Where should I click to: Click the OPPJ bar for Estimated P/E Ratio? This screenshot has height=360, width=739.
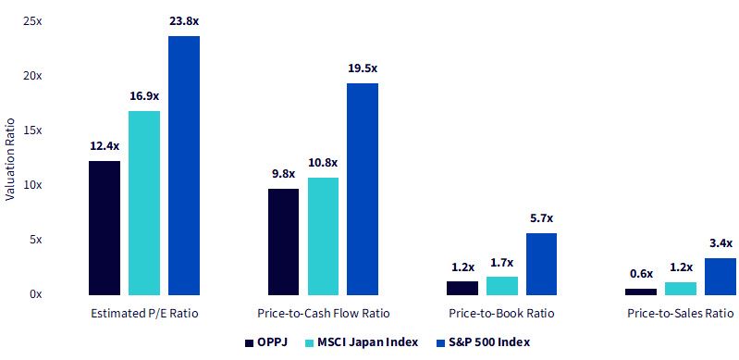(x=105, y=228)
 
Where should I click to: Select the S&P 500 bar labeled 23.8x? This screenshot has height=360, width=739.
(x=184, y=166)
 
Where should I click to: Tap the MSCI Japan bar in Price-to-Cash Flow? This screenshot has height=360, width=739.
(x=323, y=236)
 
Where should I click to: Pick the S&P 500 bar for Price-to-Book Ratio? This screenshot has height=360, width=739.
(x=541, y=265)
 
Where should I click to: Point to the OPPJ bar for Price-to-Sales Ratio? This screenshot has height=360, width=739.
(x=641, y=292)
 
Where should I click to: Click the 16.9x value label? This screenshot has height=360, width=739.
(x=144, y=96)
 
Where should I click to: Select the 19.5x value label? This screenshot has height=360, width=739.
(x=363, y=68)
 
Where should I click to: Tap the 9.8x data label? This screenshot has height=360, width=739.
(x=283, y=174)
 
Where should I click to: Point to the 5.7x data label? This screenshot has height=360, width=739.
(x=541, y=218)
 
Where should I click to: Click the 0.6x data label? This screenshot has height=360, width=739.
(x=641, y=274)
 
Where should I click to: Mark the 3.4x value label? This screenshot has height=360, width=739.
(x=721, y=243)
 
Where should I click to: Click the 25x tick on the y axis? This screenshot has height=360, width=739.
(x=32, y=21)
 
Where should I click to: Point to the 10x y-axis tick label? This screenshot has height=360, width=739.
(x=32, y=185)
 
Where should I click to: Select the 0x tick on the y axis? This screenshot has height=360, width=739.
(x=35, y=294)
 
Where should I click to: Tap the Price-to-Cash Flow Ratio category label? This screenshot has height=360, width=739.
(x=324, y=314)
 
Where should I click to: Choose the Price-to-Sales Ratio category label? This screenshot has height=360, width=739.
(x=680, y=314)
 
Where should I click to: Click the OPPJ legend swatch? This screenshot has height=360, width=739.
(x=250, y=343)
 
